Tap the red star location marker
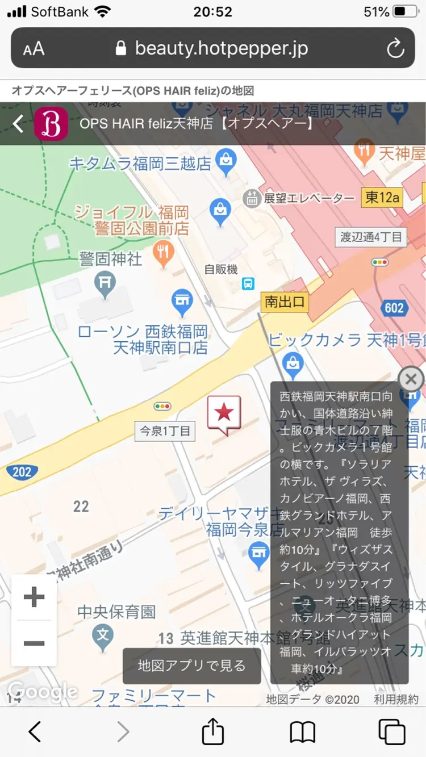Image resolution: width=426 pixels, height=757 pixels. click(x=224, y=413)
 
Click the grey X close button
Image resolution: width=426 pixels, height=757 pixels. click(x=411, y=379)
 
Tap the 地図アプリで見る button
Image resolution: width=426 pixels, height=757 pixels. click(x=192, y=666)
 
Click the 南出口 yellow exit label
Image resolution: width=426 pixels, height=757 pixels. click(x=285, y=302)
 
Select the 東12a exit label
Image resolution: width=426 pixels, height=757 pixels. click(x=382, y=198)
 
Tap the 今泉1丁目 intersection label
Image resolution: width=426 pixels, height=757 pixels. click(x=165, y=431)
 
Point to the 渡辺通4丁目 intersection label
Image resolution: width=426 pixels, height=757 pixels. click(x=371, y=237)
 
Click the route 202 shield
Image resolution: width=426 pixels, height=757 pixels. click(x=22, y=471)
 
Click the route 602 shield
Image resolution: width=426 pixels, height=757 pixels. click(x=394, y=308)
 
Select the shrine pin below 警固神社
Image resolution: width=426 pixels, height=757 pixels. click(x=105, y=284)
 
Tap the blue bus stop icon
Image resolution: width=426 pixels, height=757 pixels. click(x=248, y=283)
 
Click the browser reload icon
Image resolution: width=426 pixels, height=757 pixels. click(x=395, y=49)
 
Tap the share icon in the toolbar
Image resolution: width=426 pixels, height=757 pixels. click(x=213, y=731)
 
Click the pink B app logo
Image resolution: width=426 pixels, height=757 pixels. click(x=51, y=124)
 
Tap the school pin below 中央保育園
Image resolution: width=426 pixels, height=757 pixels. click(x=103, y=637)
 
